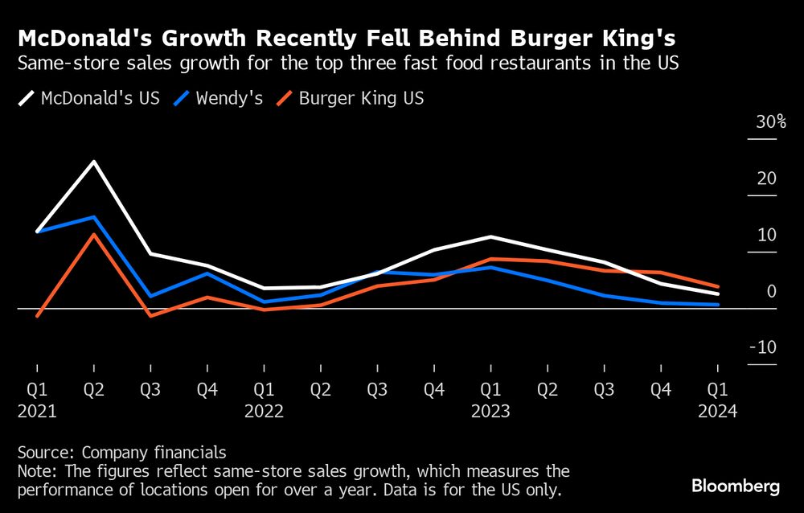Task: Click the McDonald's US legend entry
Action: click(x=89, y=99)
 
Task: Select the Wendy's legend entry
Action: click(x=218, y=99)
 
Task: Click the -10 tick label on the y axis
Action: click(x=764, y=347)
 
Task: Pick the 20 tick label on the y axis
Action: click(x=766, y=179)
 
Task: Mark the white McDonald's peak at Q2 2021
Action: click(x=94, y=162)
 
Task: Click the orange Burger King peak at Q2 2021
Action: click(x=94, y=235)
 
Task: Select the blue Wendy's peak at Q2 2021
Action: click(x=94, y=217)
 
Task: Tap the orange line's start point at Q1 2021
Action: click(x=37, y=316)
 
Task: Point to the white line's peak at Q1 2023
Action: click(x=490, y=236)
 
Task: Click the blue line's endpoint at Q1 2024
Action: click(x=717, y=305)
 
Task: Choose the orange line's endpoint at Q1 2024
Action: click(x=717, y=286)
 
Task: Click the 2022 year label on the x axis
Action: click(x=264, y=411)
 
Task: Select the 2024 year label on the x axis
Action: click(x=717, y=411)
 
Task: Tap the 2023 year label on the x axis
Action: click(x=490, y=411)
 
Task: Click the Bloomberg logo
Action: click(x=736, y=486)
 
